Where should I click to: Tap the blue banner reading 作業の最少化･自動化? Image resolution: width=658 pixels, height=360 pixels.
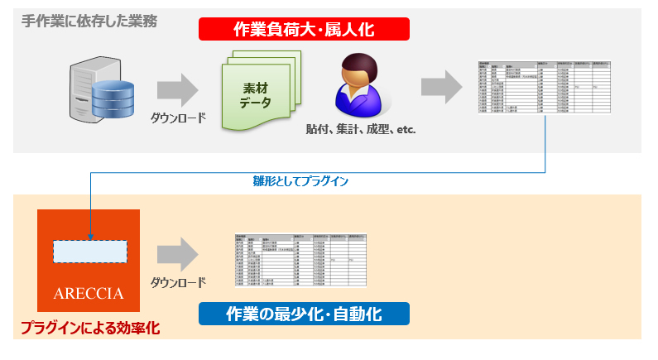[304, 314]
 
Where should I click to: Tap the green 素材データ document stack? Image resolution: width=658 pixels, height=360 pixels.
[259, 92]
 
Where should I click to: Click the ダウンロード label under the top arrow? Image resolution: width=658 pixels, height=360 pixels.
[178, 118]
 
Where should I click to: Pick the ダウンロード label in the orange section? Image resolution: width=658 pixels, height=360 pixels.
[178, 282]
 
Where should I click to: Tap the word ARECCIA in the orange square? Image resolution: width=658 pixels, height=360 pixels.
[89, 294]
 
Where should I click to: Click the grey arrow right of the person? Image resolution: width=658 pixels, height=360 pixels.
[440, 88]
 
